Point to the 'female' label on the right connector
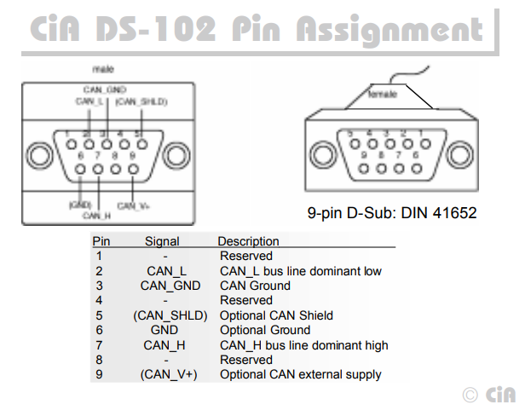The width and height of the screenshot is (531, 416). point(382,94)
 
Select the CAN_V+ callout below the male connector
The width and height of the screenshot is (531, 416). point(134,205)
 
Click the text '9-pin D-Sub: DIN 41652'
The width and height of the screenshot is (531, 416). point(392,213)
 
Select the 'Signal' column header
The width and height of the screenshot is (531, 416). point(162,241)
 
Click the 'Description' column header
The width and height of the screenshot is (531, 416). point(248,241)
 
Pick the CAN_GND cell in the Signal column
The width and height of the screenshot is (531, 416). point(170,286)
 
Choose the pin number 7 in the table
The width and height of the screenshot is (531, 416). point(99,345)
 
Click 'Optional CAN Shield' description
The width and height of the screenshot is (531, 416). point(276,315)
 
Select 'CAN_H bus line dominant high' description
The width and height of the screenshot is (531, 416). point(303,345)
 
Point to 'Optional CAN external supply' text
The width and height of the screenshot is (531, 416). point(300,374)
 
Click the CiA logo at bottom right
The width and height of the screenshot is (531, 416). point(491,394)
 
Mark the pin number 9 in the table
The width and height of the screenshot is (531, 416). point(99,374)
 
